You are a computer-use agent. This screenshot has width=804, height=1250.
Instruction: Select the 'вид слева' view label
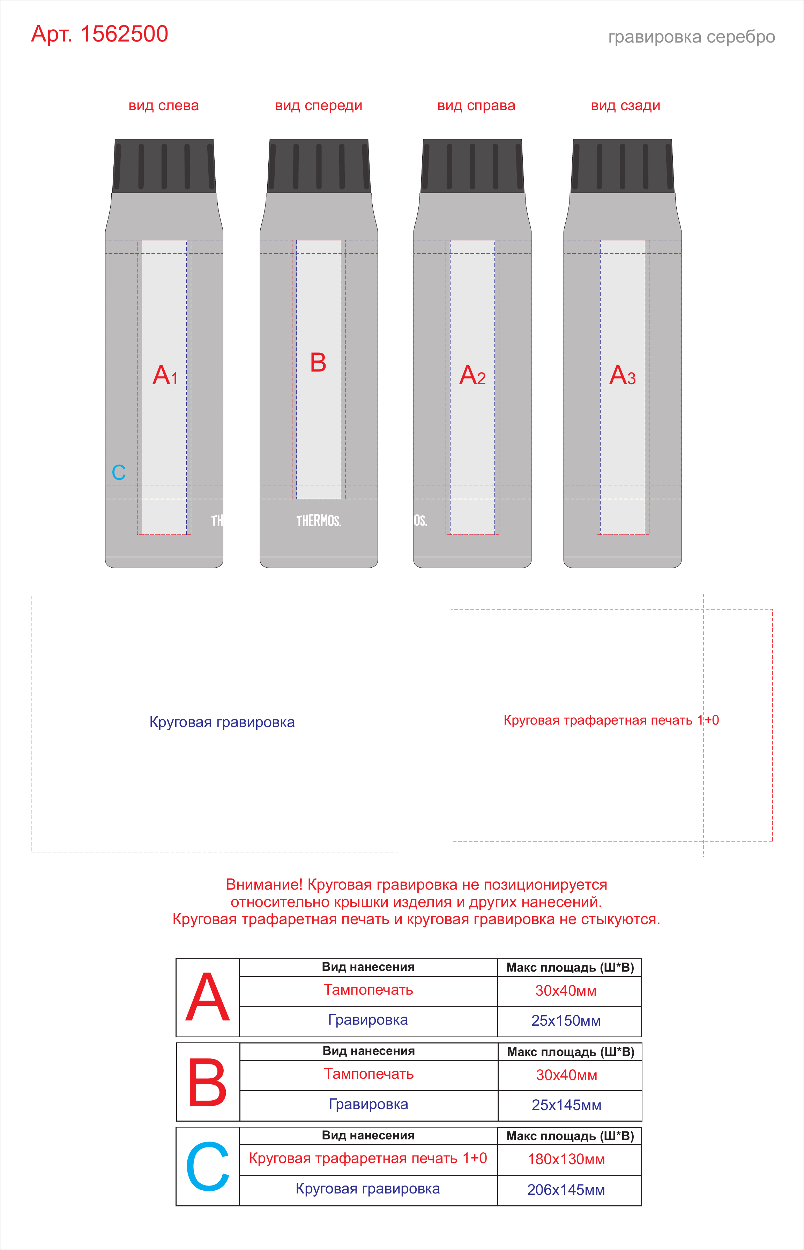163,106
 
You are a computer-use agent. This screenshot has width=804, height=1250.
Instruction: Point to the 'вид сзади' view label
625,106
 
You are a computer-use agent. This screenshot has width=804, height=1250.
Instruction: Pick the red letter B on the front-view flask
318,362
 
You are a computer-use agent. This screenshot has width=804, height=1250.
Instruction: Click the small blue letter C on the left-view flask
119,472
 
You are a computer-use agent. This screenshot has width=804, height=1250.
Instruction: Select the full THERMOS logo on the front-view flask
319,521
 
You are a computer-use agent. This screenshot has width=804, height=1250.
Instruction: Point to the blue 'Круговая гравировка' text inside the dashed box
222,723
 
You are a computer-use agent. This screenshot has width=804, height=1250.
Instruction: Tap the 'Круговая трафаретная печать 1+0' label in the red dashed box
611,720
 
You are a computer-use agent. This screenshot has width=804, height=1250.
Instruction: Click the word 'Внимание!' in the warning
264,885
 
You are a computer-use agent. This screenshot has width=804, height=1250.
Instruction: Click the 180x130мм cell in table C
566,1159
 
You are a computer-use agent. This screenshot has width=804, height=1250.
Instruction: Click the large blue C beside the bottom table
207,1167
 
